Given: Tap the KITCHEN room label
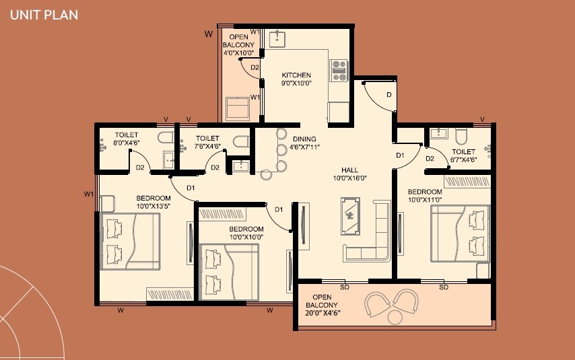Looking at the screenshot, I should (296, 75).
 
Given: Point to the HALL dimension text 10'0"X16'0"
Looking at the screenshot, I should (349, 178).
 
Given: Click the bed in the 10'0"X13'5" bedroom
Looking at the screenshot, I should (132, 242).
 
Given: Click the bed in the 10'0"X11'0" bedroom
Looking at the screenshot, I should (461, 233).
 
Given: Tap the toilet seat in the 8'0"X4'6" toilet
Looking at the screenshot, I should (165, 138).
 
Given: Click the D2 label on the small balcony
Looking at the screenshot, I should (255, 67).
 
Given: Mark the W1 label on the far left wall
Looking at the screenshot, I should (88, 194).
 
